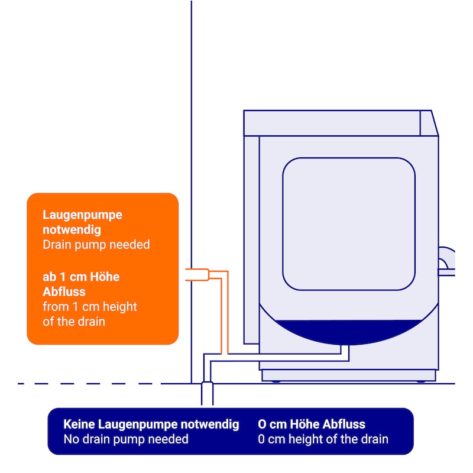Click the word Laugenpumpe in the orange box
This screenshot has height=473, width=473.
tap(82, 215)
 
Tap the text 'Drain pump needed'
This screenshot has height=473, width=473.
tap(96, 244)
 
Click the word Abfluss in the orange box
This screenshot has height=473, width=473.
tap(64, 291)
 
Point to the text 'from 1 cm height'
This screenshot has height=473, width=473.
tap(89, 307)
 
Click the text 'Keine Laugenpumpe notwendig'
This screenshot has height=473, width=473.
tap(151, 424)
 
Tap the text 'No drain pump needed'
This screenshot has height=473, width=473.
tap(125, 439)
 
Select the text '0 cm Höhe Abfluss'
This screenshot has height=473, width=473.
tap(312, 424)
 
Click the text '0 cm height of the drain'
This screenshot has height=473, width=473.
tap(323, 439)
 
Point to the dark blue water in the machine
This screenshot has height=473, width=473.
tap(349, 330)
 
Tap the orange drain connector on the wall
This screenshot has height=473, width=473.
tap(197, 274)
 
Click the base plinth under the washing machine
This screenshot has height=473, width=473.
tap(348, 375)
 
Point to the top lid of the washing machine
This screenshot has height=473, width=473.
tap(337, 123)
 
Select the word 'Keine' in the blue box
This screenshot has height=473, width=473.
tap(78, 424)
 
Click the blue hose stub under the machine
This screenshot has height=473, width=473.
tap(345, 352)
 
